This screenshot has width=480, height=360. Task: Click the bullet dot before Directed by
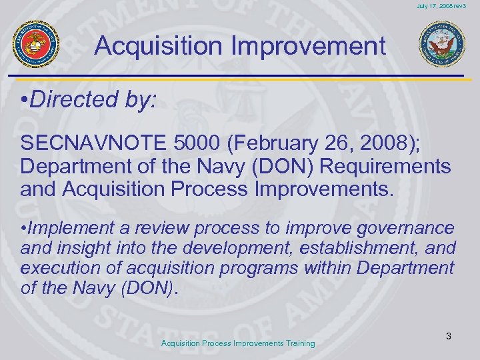point(24,101)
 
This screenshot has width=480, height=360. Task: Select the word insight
point(87,249)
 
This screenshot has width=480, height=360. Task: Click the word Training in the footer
point(297,343)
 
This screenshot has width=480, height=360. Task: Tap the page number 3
point(449,337)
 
